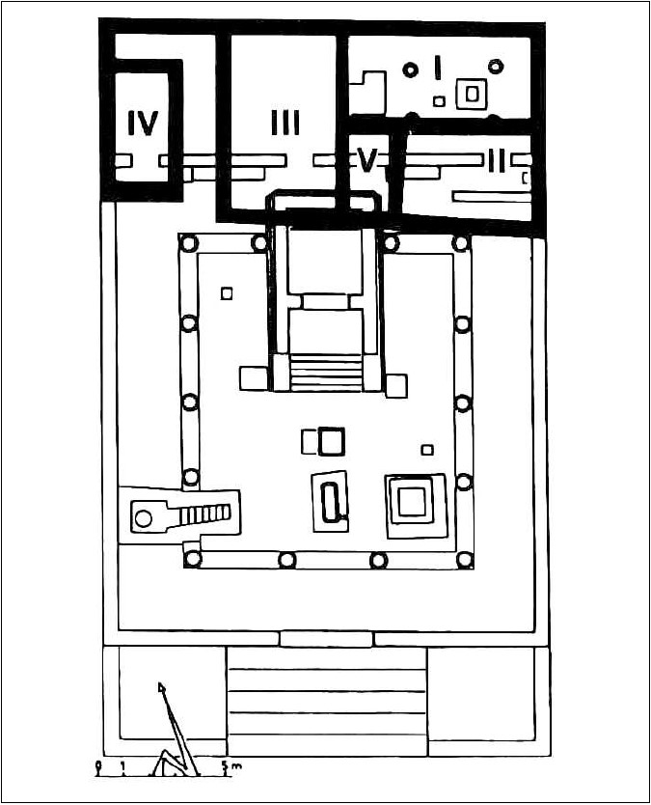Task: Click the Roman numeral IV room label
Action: (143, 124)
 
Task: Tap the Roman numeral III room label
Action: (285, 124)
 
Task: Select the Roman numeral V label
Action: (367, 160)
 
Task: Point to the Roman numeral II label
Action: (497, 161)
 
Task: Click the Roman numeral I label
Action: (438, 68)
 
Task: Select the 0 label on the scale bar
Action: (97, 765)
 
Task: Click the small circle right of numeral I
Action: (495, 67)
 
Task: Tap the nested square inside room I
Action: (472, 94)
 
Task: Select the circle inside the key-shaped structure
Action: (144, 518)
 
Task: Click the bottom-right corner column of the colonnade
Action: (465, 560)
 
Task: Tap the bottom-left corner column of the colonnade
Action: (192, 559)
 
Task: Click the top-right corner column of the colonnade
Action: (461, 243)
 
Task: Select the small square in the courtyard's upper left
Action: (227, 293)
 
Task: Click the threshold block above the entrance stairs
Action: (326, 639)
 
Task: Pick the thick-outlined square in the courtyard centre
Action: (332, 441)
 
